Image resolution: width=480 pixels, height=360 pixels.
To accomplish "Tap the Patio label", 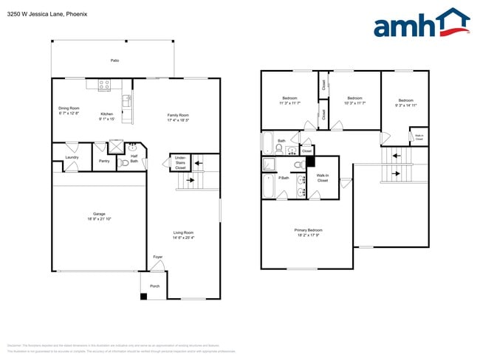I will (114, 60).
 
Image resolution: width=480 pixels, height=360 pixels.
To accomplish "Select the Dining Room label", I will (69, 108).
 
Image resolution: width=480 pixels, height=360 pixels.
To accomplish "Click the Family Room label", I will (178, 114).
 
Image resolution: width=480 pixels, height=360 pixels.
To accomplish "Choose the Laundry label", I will (72, 157).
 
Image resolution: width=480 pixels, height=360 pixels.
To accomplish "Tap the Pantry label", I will (104, 160).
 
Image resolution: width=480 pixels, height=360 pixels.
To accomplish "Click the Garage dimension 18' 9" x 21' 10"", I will (98, 219).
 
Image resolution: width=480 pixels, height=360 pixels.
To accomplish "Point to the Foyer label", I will (157, 257).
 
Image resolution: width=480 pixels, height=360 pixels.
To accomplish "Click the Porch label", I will (155, 286).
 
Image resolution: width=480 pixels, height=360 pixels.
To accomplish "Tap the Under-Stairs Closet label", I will (180, 162).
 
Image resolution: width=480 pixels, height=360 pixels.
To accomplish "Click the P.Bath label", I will (284, 178).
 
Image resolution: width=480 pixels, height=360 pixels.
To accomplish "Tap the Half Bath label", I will (134, 158).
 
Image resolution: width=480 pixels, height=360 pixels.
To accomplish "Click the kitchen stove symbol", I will (104, 86).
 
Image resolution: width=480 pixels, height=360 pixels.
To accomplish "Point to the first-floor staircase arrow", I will (190, 179).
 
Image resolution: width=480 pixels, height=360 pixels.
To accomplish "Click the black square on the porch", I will (144, 297).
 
